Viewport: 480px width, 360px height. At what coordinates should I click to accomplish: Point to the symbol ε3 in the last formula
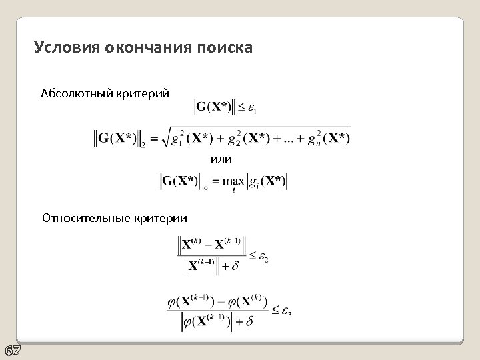pos(285,311)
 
